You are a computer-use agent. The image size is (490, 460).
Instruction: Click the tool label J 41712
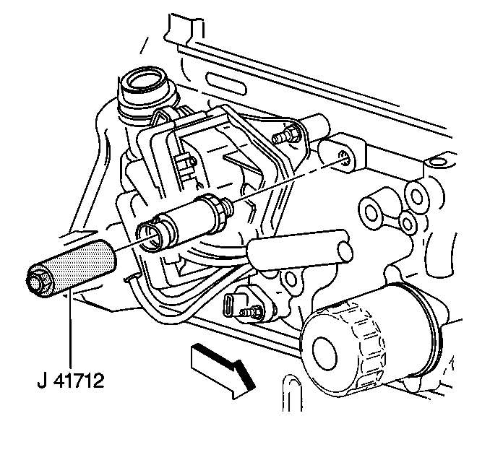tap(71, 381)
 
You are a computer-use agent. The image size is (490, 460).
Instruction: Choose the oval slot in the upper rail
tap(226, 83)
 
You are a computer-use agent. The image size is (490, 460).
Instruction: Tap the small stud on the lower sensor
tap(250, 311)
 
